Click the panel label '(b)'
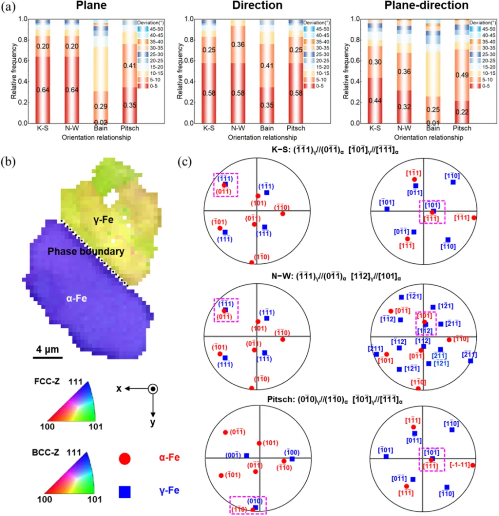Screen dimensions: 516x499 coord(10,163)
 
